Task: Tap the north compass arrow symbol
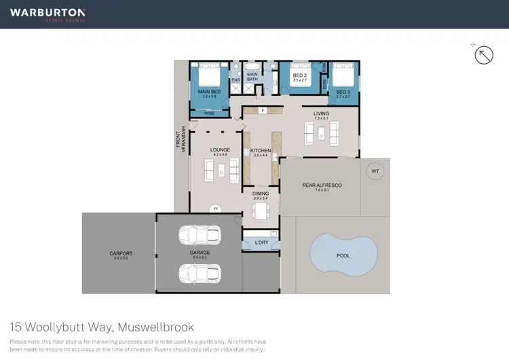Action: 483,55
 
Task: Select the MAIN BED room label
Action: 209,92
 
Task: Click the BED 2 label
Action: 299,76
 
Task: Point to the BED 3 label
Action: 343,92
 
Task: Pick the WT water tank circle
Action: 375,171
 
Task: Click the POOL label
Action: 343,256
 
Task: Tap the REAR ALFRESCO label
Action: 322,185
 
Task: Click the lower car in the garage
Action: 200,272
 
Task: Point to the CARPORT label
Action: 121,253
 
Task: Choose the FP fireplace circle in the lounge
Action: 215,208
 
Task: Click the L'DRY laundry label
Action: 261,242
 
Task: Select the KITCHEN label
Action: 261,150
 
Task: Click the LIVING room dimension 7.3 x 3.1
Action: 321,119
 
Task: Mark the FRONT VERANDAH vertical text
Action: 181,139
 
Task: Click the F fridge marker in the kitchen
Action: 262,110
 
